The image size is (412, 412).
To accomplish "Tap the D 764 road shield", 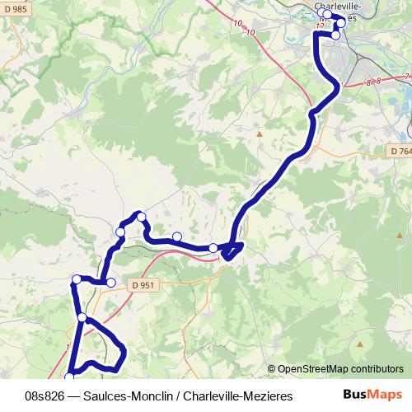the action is point(400,151).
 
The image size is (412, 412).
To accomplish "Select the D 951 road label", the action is point(143,284).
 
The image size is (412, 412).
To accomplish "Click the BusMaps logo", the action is point(372,396).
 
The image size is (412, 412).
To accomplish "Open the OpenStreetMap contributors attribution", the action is point(340,368).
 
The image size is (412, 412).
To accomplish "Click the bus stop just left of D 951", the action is point(111,283).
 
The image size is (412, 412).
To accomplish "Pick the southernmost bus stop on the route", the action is point(69,377).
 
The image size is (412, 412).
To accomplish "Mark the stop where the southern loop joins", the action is point(82,317).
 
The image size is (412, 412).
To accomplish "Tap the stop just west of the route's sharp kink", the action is point(213,247).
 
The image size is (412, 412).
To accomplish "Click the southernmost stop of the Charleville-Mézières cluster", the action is point(335,35).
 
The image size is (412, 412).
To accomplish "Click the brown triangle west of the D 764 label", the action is point(259,133).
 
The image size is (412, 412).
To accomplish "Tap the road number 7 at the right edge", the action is point(407,76).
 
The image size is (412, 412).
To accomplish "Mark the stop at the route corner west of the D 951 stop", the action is point(77,279).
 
